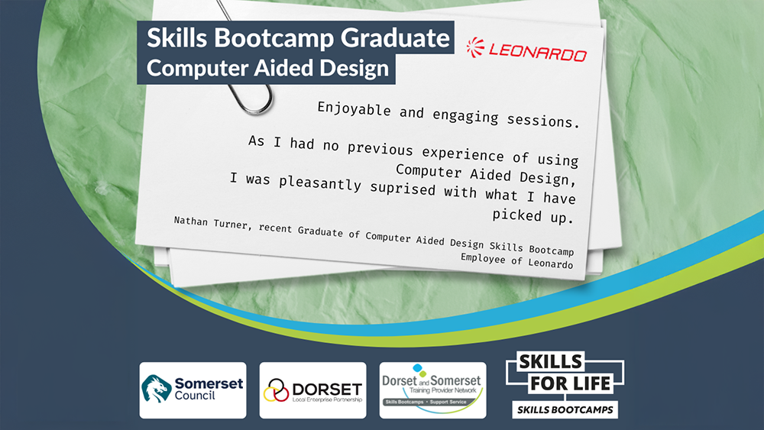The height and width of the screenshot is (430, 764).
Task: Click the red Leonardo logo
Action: [526, 50]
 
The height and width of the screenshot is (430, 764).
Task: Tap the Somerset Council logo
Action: [193, 390]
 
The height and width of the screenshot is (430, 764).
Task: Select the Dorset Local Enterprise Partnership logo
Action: [312, 390]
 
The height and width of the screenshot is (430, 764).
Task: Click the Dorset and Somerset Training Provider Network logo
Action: [432, 390]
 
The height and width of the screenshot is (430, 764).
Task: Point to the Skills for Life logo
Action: [565, 385]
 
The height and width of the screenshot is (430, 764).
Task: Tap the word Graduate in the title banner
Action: [395, 38]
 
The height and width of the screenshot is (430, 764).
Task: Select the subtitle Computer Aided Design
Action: [267, 68]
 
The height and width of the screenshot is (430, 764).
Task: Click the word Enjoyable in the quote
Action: [354, 108]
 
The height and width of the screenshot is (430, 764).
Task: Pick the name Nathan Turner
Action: [211, 223]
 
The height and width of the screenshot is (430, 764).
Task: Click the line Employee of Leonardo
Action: [517, 260]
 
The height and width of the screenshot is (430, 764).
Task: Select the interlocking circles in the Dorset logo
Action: [277, 390]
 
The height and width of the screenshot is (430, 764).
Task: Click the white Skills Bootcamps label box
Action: [565, 409]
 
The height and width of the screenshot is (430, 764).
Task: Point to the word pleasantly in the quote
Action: [320, 183]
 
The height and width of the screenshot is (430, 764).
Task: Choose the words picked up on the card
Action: [533, 215]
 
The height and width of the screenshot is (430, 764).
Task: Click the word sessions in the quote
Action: [543, 120]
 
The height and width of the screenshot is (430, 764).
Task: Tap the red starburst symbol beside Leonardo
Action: [475, 47]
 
